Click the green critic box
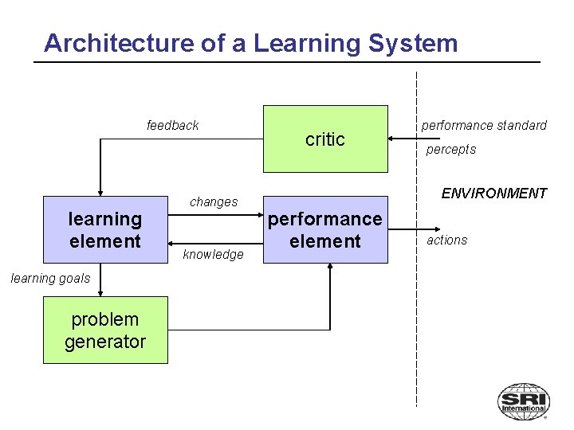(325, 139)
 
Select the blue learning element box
(104, 229)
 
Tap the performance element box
(325, 229)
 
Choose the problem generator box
(105, 330)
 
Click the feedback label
(173, 125)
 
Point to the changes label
(214, 202)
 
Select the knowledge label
(213, 255)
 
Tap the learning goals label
(50, 278)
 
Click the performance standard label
(484, 125)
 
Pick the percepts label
(450, 150)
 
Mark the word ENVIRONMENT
(494, 193)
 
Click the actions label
(447, 240)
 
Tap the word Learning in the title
(313, 43)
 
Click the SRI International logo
(523, 401)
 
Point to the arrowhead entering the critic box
(391, 139)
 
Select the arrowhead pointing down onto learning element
(100, 191)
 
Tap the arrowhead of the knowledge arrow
(170, 243)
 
